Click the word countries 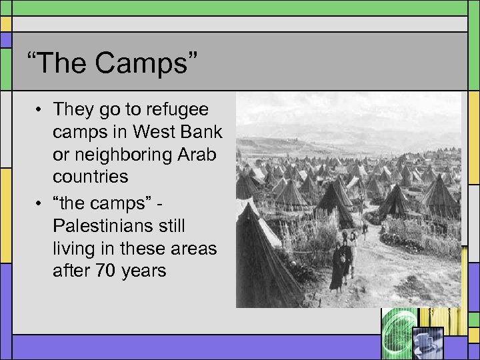[x=91, y=177]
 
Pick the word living [x=74, y=249]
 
